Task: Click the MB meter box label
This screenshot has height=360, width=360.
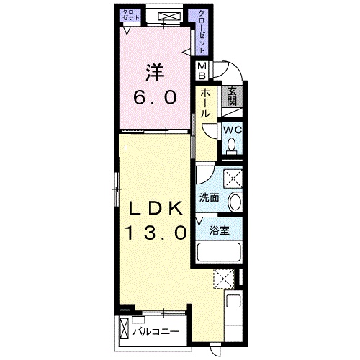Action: [202, 71]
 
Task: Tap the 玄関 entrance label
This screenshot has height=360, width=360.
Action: [232, 96]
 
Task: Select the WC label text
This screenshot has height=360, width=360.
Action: [233, 130]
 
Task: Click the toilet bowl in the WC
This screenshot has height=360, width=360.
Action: [232, 146]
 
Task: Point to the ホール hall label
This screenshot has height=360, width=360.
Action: [205, 103]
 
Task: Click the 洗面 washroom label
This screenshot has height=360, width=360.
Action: [209, 197]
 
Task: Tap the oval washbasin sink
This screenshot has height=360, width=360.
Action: [235, 202]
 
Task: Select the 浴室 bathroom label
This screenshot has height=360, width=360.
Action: [220, 230]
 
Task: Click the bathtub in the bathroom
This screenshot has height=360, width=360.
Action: [219, 252]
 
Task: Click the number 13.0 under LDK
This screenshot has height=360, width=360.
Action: [156, 233]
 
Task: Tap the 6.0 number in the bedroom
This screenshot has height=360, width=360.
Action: [155, 97]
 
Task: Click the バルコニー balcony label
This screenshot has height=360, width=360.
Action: [156, 332]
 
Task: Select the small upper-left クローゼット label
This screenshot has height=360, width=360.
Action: [131, 14]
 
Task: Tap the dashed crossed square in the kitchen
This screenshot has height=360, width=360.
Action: [224, 279]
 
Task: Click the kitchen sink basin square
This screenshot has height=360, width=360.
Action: [233, 300]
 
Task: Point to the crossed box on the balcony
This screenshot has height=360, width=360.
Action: [124, 328]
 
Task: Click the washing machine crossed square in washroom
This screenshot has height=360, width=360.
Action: [233, 179]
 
